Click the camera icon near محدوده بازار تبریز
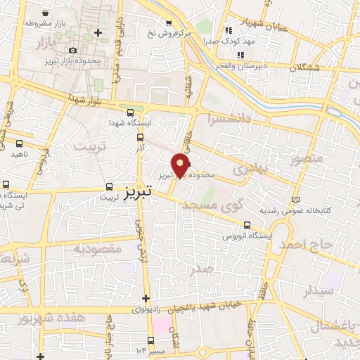pyautogui.click(x=74, y=50)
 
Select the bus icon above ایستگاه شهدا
pyautogui.click(x=130, y=112)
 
